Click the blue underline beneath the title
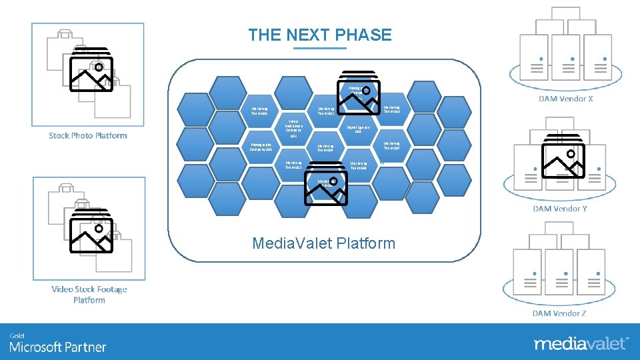point(320,48)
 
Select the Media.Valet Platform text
point(323,243)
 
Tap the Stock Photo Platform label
point(87,135)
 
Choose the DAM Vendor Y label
point(560,209)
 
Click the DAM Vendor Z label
point(560,313)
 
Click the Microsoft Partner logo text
point(57,347)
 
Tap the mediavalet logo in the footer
point(580,344)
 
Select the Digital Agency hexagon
point(358,128)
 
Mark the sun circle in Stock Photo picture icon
point(99,67)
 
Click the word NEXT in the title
point(307,35)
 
